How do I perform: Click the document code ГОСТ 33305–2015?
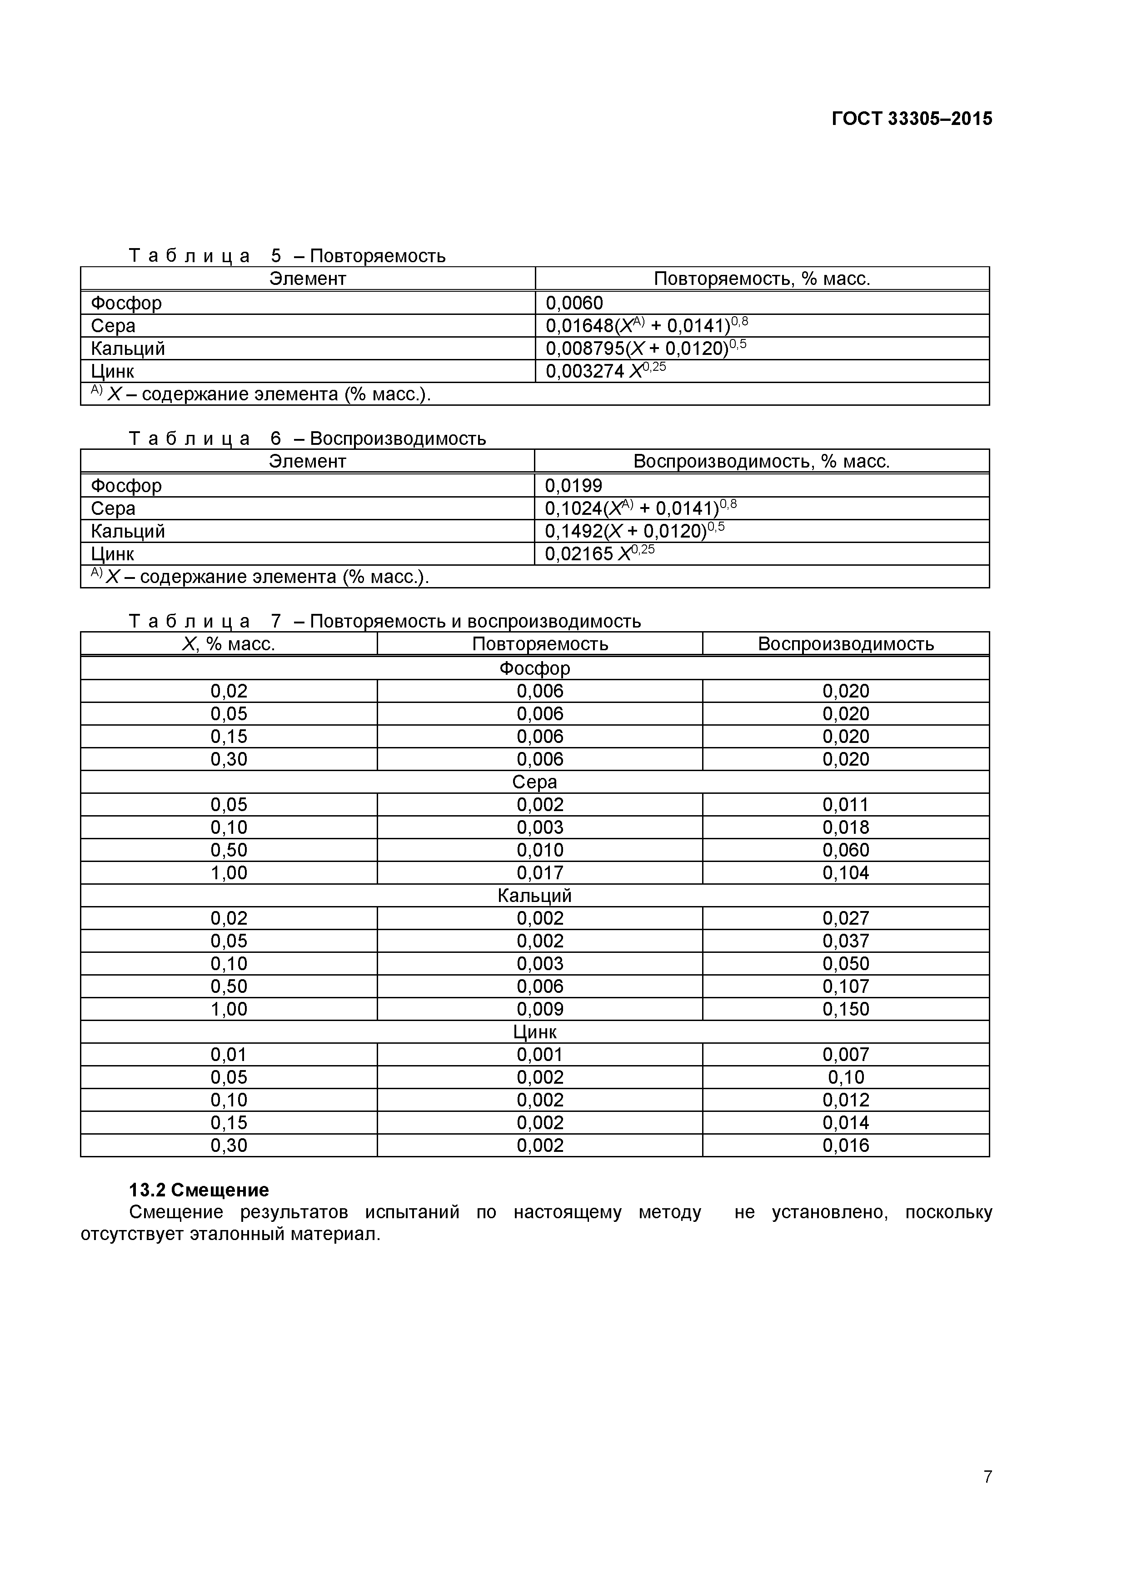coord(911,119)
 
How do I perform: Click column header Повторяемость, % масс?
coord(761,279)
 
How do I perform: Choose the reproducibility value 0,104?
coord(845,873)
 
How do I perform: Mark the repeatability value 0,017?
coord(539,873)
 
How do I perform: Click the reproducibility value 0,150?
coord(845,1009)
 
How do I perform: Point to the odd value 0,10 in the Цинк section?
coord(845,1077)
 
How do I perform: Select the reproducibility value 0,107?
coord(845,986)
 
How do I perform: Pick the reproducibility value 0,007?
coord(845,1055)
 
